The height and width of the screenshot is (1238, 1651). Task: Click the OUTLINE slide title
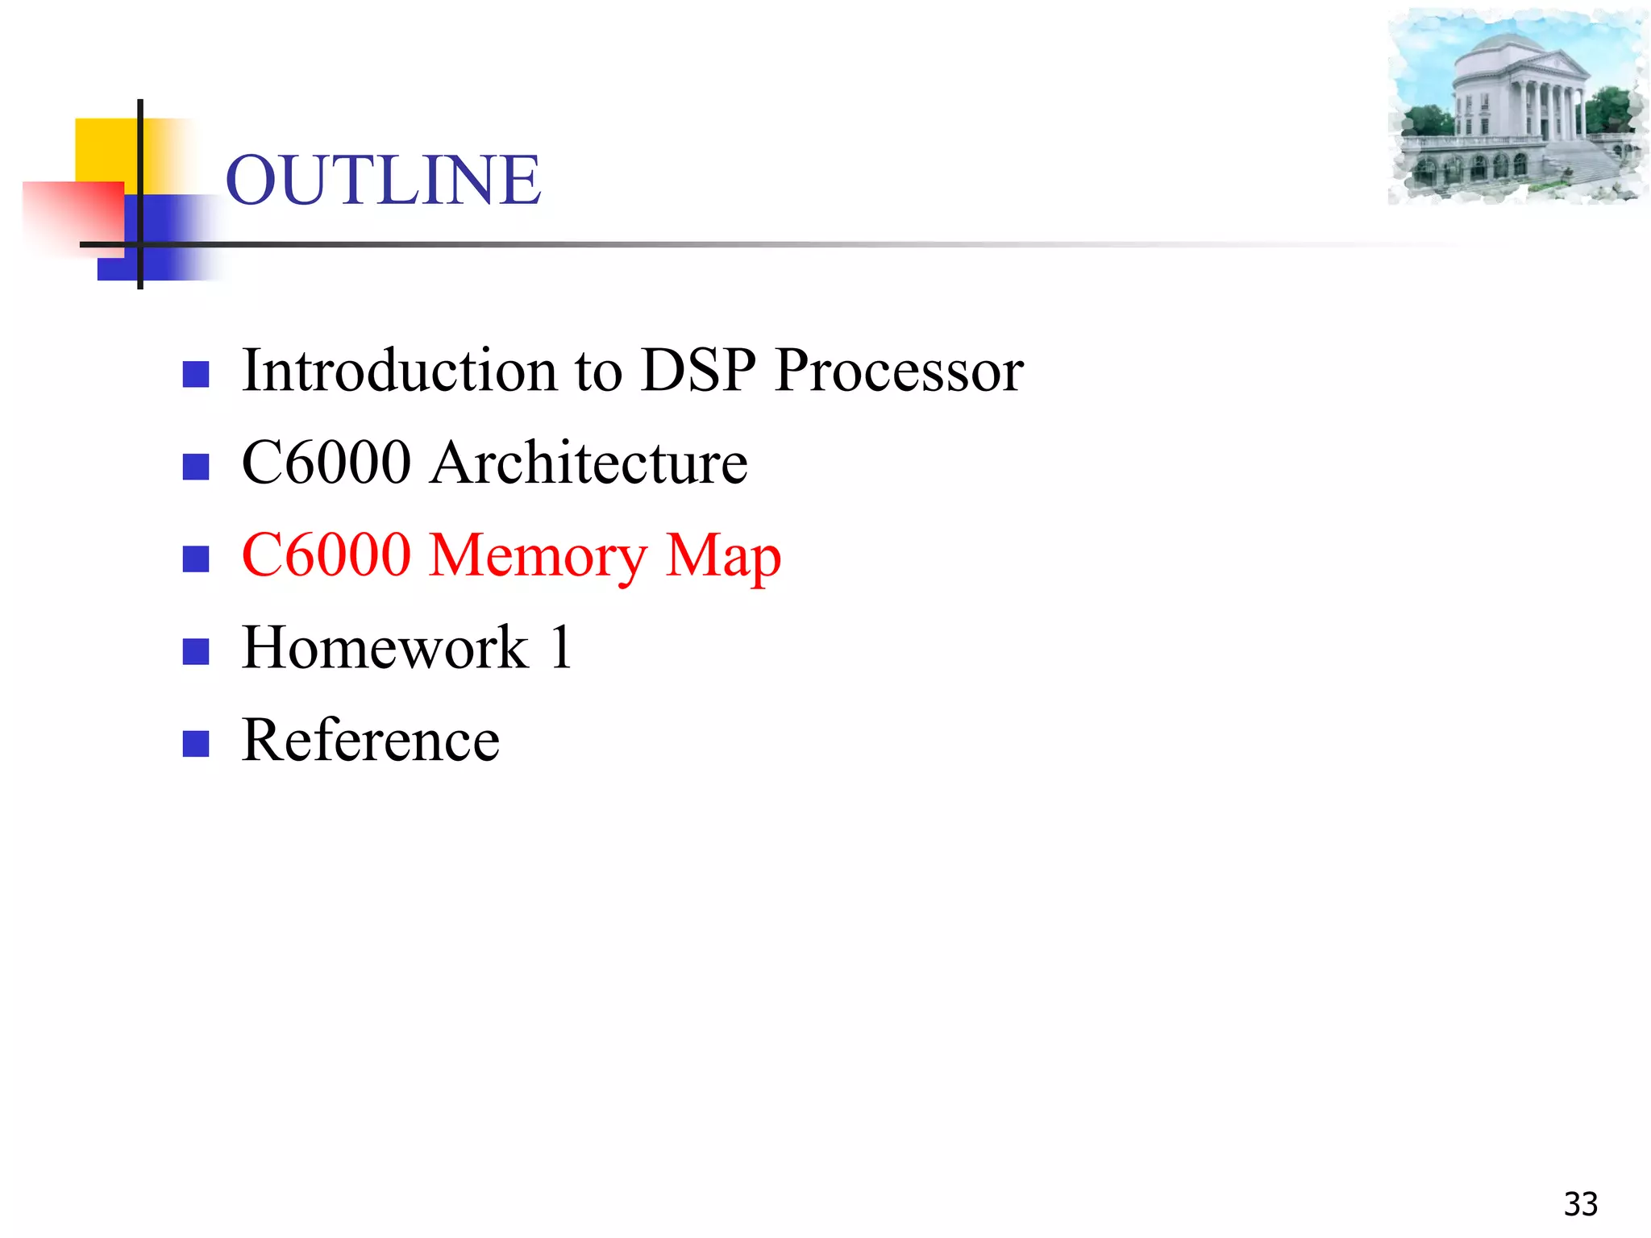coord(383,180)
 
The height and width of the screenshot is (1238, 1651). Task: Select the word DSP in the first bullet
coord(698,370)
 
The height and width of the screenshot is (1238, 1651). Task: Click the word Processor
coord(899,370)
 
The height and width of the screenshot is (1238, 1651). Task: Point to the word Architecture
coord(588,463)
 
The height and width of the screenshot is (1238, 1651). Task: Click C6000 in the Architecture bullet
coord(326,463)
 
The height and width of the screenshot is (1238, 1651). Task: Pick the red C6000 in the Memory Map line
coord(326,555)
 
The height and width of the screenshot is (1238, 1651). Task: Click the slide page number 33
coord(1580,1204)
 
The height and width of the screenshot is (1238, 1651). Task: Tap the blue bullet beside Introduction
coord(196,374)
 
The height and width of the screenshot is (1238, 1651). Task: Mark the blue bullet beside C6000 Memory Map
coord(196,559)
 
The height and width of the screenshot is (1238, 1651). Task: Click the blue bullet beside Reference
coord(196,743)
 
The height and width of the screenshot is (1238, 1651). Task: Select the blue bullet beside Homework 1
coord(196,651)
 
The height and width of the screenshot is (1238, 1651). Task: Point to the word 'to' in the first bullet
coord(598,372)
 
